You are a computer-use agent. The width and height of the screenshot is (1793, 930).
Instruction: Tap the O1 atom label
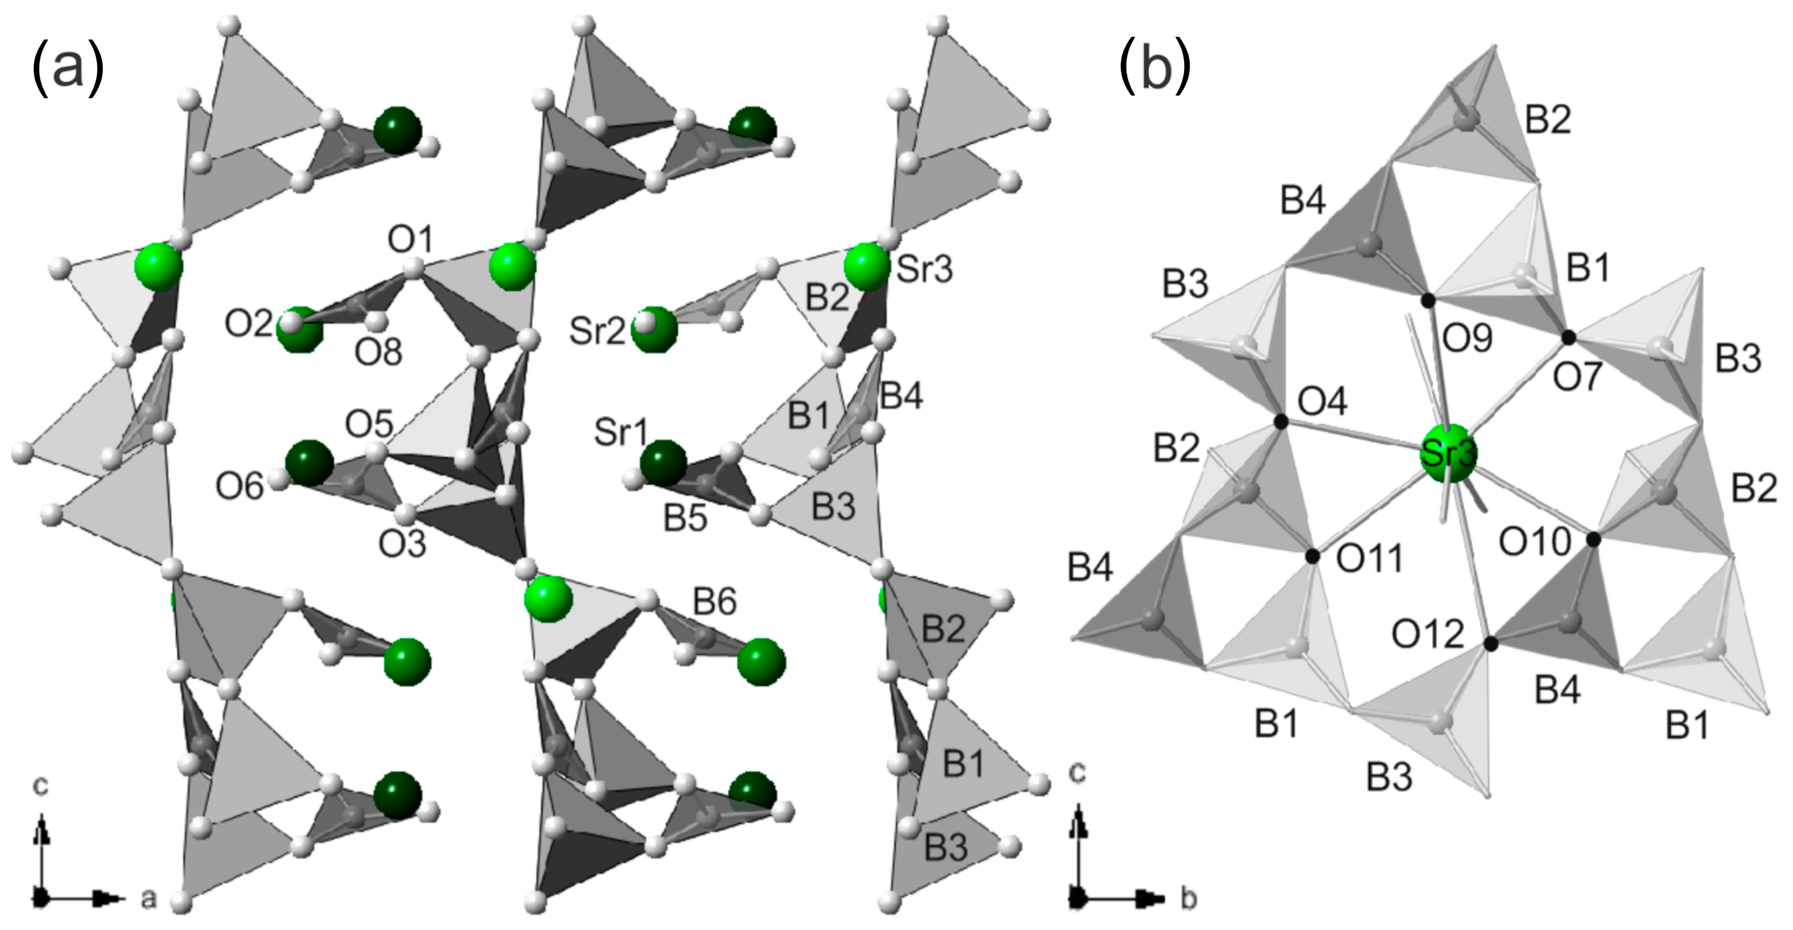411,241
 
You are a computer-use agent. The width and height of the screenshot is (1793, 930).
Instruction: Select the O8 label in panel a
379,353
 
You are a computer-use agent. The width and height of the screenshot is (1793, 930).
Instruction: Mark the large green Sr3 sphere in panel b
1448,454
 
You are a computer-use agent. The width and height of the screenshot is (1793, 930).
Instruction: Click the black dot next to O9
1428,301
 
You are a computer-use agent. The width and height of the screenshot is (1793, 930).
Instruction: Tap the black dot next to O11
1313,556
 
